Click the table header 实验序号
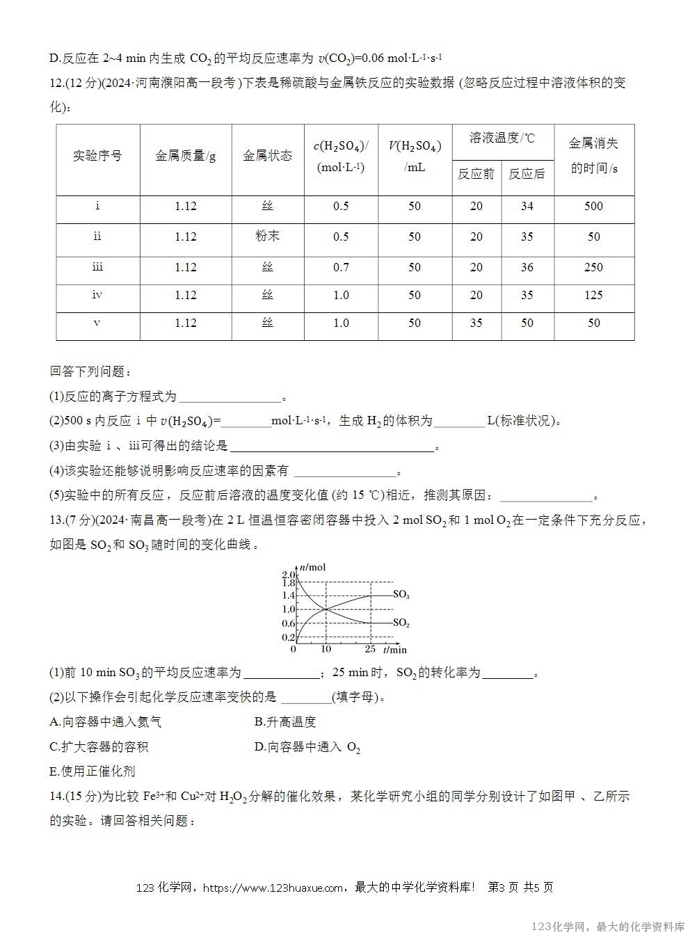pos(97,156)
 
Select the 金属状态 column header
pos(268,156)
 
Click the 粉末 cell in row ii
pos(268,236)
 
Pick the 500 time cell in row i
pos(593,206)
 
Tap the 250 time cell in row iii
pos(593,267)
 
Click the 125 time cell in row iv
pos(593,295)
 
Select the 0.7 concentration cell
pos(341,267)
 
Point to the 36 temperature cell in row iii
pos(527,267)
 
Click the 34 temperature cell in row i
pos(527,206)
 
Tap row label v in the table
pos(97,323)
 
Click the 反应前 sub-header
pos(476,174)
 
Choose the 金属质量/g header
pos(186,156)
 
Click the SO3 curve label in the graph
pos(401,595)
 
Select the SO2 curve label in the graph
pos(401,623)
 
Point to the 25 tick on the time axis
pos(370,650)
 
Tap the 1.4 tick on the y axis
pos(289,595)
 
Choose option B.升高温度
pos(285,722)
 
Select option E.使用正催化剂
pos(93,771)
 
